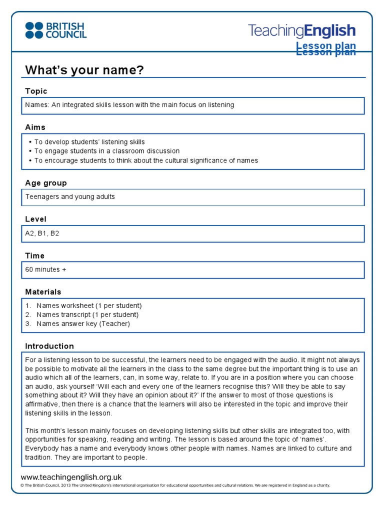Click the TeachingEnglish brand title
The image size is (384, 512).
pos(301,31)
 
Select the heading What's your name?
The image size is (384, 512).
pos(84,70)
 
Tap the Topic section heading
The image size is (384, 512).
pos(36,91)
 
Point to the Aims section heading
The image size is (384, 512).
pos(35,127)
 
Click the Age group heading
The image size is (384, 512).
pos(46,183)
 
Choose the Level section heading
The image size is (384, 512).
pos(35,219)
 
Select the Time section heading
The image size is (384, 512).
pos(35,255)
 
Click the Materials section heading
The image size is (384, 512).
pos(43,291)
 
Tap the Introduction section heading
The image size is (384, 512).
pos(49,346)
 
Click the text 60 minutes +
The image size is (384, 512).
pos(46,269)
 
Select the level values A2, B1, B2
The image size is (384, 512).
pos(42,233)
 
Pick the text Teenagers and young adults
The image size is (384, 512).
pos(70,196)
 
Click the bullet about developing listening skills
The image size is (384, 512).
pos(89,142)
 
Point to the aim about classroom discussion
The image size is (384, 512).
pos(107,151)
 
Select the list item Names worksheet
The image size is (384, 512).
pos(89,305)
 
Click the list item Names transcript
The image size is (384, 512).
pos(87,314)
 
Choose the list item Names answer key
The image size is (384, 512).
pos(83,323)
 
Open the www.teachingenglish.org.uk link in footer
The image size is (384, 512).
pos(71,477)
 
